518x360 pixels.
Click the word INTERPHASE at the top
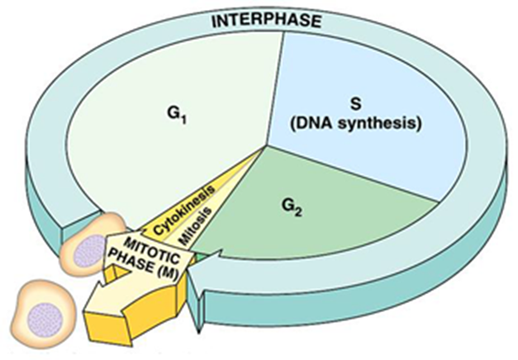click(266, 21)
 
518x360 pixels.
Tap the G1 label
click(177, 116)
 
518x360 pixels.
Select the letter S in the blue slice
click(355, 104)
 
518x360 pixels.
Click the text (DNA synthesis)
click(355, 125)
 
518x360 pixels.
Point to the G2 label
click(292, 206)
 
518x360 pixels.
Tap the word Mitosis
click(196, 226)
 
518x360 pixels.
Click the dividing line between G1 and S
click(275, 89)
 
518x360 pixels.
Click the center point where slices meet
click(267, 145)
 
